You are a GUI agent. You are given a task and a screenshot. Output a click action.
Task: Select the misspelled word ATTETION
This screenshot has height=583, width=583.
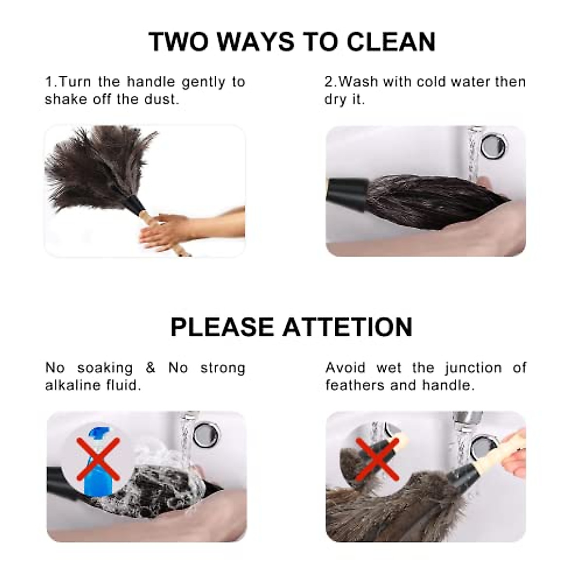[347, 326]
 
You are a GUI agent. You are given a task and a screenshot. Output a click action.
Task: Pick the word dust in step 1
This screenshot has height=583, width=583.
[162, 99]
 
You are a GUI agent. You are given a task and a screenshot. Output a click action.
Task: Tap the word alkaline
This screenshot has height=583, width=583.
[72, 385]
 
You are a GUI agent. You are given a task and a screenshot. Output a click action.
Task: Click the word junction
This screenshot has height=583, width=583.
[473, 368]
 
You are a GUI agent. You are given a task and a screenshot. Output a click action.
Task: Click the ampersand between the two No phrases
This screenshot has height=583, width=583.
[151, 368]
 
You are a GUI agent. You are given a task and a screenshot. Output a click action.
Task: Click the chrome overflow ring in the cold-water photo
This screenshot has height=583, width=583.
[494, 145]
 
